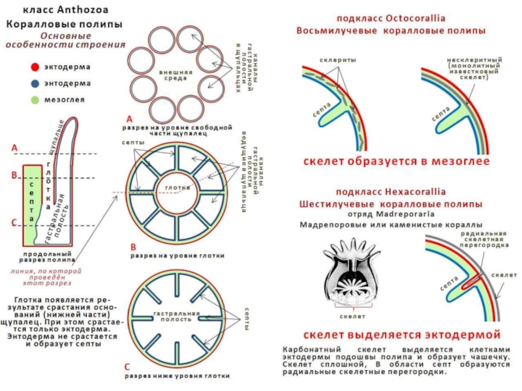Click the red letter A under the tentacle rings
(x=129, y=119)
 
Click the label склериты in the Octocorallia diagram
(x=338, y=59)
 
